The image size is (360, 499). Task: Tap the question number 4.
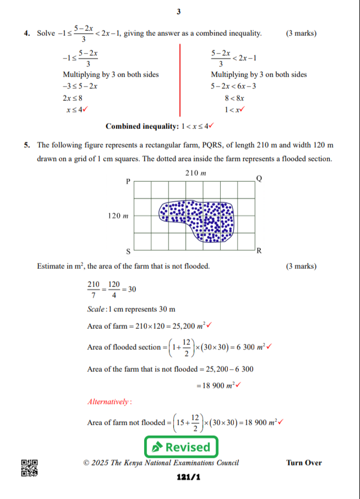point(27,34)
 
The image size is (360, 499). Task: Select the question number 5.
point(27,145)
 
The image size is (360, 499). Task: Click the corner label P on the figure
point(128,181)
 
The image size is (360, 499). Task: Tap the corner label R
point(259,252)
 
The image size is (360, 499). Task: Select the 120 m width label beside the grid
point(117,216)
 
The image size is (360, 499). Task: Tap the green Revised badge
point(181,446)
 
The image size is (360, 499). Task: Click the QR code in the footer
point(29,467)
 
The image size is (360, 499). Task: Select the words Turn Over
point(304,463)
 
